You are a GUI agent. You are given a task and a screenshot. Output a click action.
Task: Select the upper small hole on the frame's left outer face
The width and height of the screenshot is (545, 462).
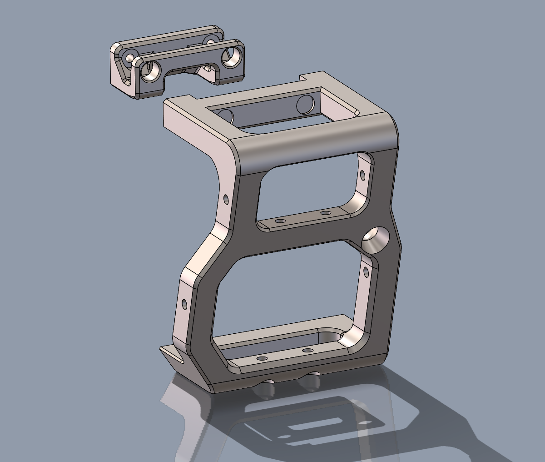pos(226,198)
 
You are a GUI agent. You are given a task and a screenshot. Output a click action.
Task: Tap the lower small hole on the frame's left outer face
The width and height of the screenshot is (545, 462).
pos(184,303)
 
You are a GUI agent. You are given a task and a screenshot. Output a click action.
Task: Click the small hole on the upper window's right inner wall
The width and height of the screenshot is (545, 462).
pos(362,174)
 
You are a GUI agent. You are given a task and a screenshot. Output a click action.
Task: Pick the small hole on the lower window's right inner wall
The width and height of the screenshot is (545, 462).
pos(367,272)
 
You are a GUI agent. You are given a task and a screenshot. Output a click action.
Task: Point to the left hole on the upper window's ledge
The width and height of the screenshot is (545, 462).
pos(280,221)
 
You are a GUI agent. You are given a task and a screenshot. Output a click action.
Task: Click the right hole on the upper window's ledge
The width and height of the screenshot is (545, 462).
pos(325,213)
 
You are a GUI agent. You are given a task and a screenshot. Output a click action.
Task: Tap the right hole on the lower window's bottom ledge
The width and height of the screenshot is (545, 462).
pos(307,351)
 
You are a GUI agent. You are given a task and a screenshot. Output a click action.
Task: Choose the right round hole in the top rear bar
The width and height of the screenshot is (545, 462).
pos(304,105)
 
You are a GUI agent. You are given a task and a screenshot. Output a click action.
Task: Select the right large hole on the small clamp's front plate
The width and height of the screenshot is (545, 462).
pos(231,56)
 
